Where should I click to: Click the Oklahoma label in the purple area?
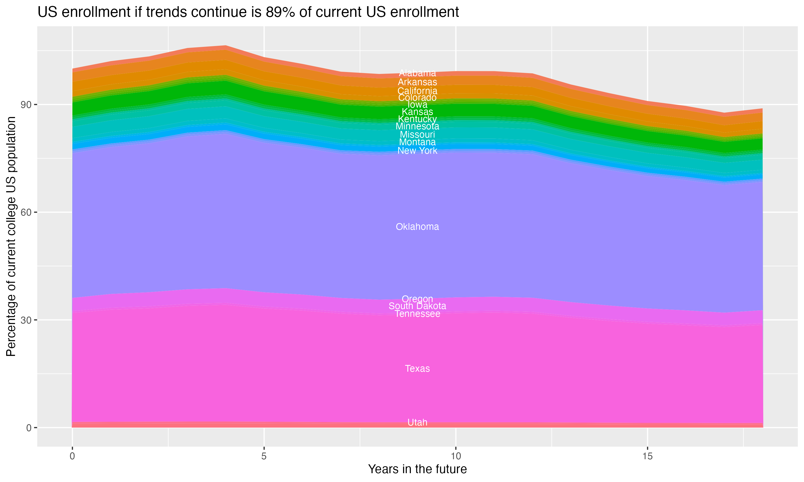pyautogui.click(x=417, y=227)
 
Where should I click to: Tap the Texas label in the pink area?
pyautogui.click(x=417, y=369)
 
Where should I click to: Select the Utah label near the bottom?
pyautogui.click(x=417, y=422)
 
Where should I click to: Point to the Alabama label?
pyautogui.click(x=417, y=73)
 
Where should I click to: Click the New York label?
pyautogui.click(x=417, y=151)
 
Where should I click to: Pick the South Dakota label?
pyautogui.click(x=417, y=306)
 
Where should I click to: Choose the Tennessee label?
pyautogui.click(x=417, y=314)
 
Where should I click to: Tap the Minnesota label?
pyautogui.click(x=417, y=126)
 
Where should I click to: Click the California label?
pyautogui.click(x=417, y=91)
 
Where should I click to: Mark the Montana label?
pyautogui.click(x=417, y=142)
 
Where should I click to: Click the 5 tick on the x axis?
pyautogui.click(x=264, y=456)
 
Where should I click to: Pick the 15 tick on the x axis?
pyautogui.click(x=647, y=456)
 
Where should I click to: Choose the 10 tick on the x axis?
pyautogui.click(x=456, y=456)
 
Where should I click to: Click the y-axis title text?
pyautogui.click(x=11, y=236)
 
